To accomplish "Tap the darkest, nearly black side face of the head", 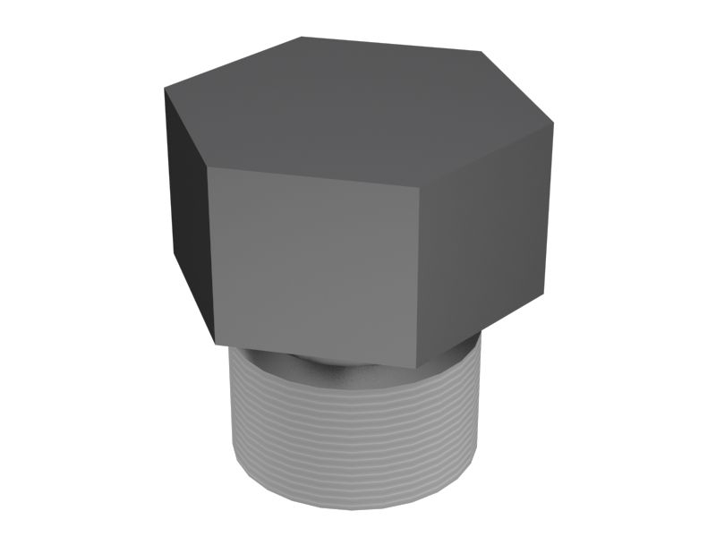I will pos(186,210).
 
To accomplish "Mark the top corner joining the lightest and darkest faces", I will pos(209,167).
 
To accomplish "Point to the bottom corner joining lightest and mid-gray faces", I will pos(417,368).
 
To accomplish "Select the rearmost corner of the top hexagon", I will pos(302,37).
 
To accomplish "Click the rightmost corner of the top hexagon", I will pos(553,124).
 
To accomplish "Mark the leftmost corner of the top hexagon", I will pos(165,88).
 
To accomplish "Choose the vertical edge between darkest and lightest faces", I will pos(212,255).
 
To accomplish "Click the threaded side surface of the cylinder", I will pos(358,430).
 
